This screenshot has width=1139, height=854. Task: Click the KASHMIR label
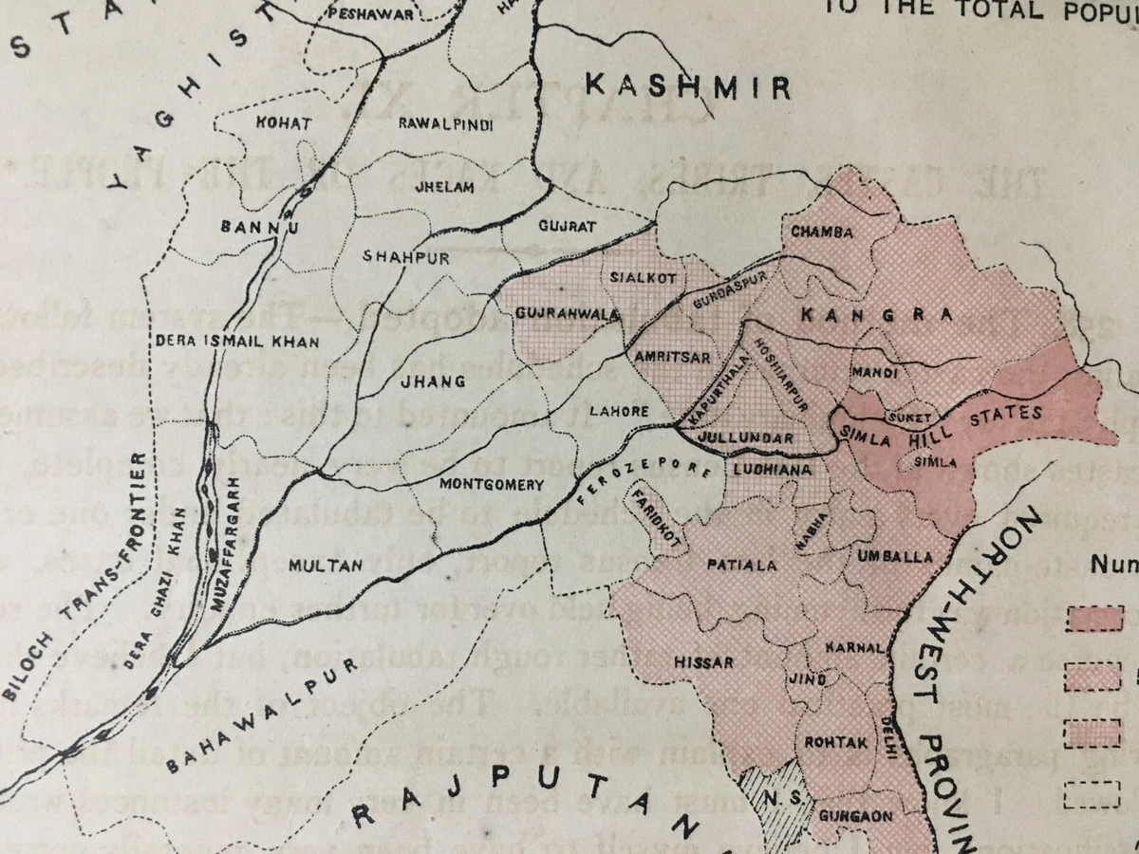687,87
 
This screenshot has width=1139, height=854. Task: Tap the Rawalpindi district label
445,123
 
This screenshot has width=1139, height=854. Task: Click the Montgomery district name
492,485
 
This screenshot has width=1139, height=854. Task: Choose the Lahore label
619,412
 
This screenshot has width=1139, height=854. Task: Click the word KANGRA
877,315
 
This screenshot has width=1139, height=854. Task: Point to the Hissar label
703,661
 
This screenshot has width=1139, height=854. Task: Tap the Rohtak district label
835,742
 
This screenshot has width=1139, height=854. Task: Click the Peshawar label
371,14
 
